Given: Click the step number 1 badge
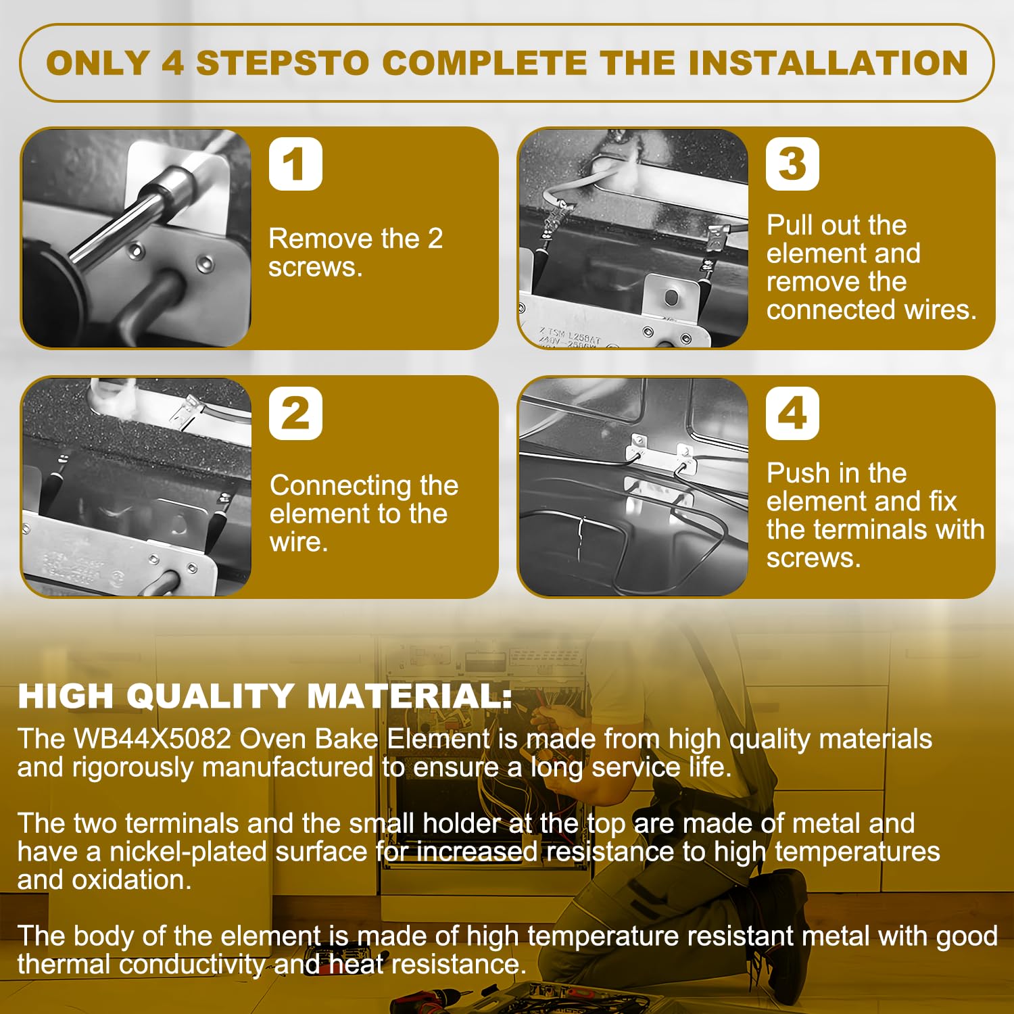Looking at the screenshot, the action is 295,164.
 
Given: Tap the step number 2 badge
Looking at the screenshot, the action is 295,414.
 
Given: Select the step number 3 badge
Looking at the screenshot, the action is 792,164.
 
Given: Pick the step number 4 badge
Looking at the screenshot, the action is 792,414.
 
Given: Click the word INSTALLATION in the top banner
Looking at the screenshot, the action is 828,63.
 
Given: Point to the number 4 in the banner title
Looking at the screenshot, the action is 172,63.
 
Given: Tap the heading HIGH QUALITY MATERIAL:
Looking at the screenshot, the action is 265,696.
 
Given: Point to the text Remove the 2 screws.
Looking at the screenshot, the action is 356,253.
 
